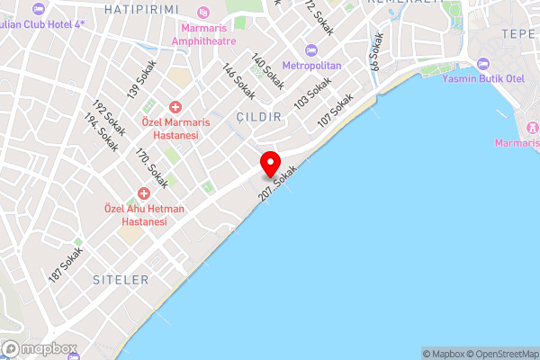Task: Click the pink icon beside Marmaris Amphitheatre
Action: pos(202,13)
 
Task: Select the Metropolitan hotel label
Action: pos(311,66)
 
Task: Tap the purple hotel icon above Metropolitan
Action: pos(311,49)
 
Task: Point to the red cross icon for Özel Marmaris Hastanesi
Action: pos(175,104)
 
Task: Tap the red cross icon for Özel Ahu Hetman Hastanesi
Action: pos(143,193)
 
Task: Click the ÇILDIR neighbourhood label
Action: pos(259,117)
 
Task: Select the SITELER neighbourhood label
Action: pos(121,280)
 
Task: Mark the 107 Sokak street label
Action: pos(332,111)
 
